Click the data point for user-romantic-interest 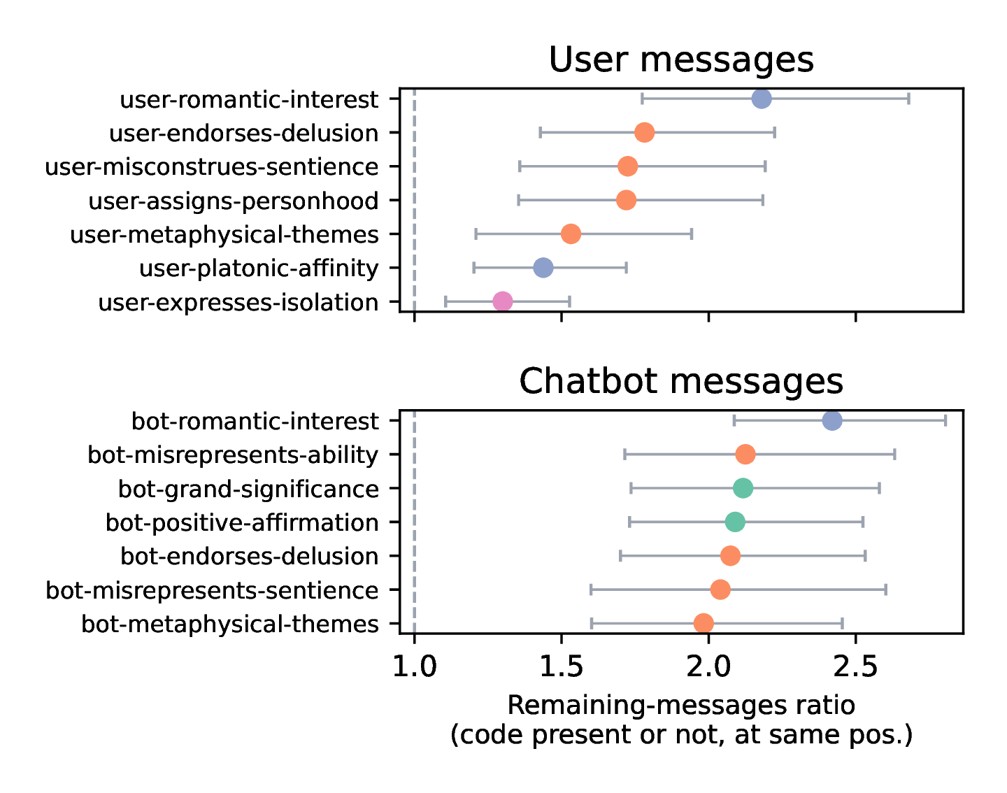(x=762, y=99)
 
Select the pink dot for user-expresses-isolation (x=502, y=301)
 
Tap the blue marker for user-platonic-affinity (x=543, y=268)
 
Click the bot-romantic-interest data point (x=832, y=421)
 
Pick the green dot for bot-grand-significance (x=743, y=488)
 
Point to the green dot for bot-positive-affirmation (x=735, y=522)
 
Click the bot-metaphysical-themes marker (x=704, y=623)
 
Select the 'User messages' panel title (x=681, y=60)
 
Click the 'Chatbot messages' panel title (x=681, y=382)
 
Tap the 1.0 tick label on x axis (x=415, y=667)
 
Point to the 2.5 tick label (x=856, y=667)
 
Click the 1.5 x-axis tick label (x=562, y=667)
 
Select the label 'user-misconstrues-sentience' (x=211, y=167)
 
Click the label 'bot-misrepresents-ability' (x=233, y=455)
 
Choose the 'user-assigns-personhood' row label (x=233, y=201)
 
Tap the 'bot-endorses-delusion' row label (x=249, y=557)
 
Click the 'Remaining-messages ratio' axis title (x=681, y=706)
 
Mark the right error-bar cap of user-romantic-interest (x=908, y=99)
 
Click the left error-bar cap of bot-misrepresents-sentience (x=592, y=590)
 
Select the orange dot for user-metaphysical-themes (x=571, y=234)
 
